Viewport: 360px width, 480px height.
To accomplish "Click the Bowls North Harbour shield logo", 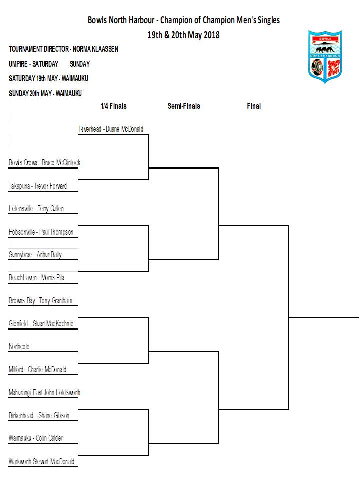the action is coord(325,57).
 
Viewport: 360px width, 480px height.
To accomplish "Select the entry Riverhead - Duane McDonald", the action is coord(111,129).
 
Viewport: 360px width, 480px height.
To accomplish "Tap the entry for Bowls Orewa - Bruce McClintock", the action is coord(44,163).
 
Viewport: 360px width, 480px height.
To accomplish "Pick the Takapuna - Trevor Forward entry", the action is coord(38,186).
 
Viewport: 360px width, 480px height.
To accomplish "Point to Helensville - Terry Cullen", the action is coord(36,209).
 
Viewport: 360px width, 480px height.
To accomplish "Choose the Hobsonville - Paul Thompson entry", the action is coord(41,232).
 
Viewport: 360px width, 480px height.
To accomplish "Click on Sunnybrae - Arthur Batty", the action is coord(35,255).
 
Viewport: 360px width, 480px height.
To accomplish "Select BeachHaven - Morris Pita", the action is coord(36,278).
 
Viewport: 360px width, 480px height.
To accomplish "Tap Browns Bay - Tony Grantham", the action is coord(40,301).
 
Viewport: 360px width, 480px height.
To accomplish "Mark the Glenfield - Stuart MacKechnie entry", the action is coord(41,324).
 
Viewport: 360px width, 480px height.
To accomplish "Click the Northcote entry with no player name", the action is coord(19,347).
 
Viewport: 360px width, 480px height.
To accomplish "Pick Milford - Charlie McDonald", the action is coord(37,370).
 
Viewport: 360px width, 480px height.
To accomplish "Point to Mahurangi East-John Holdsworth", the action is coord(44,393).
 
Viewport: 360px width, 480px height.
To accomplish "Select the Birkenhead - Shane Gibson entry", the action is coord(39,415).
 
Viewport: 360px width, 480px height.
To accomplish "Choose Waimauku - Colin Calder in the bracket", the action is coord(36,438).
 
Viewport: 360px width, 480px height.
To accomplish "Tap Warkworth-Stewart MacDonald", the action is coord(41,461).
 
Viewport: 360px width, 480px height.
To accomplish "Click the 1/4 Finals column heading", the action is coord(113,106).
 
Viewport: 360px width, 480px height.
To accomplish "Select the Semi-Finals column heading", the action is coord(184,106).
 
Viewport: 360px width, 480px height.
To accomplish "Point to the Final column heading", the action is coord(254,106).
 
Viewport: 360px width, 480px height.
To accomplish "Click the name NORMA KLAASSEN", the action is coord(95,49).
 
